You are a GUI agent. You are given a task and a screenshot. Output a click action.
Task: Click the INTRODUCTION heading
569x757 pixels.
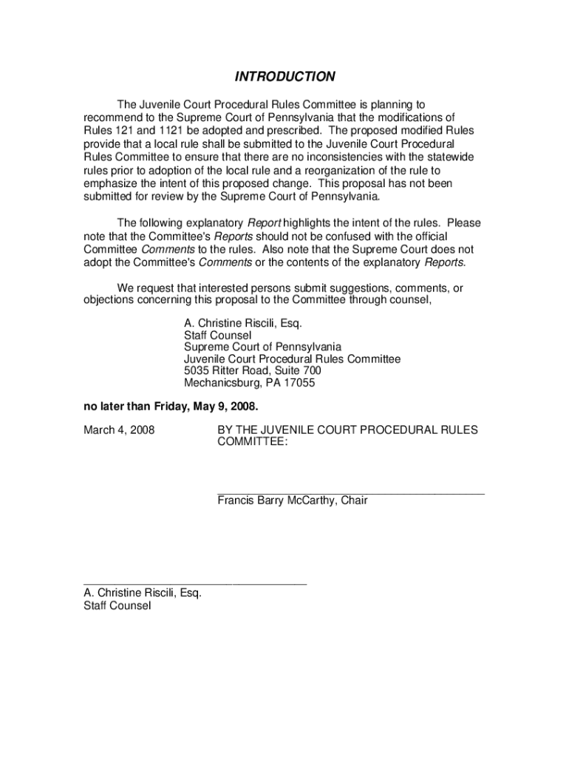click(284, 77)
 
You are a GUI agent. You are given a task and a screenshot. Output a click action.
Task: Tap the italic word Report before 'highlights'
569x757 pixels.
click(263, 223)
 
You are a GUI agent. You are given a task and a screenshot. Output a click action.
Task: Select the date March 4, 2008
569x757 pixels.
click(119, 430)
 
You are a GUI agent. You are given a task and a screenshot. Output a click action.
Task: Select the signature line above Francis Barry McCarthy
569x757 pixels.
click(351, 492)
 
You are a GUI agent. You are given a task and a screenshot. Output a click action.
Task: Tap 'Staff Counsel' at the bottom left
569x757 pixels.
click(117, 605)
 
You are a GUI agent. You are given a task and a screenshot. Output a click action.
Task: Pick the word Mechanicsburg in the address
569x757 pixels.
click(219, 383)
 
